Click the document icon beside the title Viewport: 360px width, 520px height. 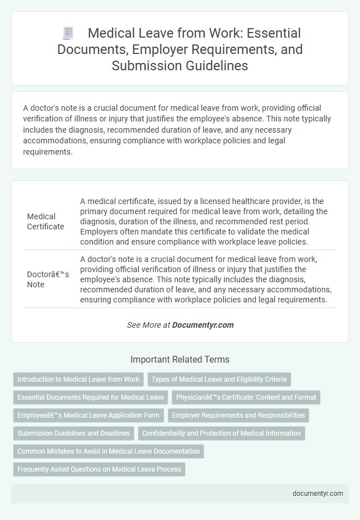[x=68, y=33]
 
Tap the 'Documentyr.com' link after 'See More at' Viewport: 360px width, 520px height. [x=202, y=325]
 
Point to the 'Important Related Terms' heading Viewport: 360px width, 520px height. [x=179, y=359]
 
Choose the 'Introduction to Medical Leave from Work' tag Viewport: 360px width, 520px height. [x=78, y=379]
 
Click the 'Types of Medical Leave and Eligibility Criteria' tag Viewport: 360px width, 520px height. [x=219, y=379]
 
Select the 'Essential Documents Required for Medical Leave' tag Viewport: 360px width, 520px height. [x=91, y=397]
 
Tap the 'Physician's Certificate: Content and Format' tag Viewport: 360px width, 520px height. [x=246, y=397]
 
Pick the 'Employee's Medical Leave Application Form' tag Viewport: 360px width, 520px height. [x=88, y=415]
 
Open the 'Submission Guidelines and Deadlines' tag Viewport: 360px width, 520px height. [x=74, y=433]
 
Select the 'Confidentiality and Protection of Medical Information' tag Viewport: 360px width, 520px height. [x=221, y=433]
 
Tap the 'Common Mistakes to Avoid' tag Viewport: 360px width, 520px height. [x=109, y=451]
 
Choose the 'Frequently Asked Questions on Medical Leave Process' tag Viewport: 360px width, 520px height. [x=99, y=469]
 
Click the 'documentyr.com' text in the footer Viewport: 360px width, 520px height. [x=317, y=493]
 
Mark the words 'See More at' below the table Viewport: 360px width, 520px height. [x=148, y=325]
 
